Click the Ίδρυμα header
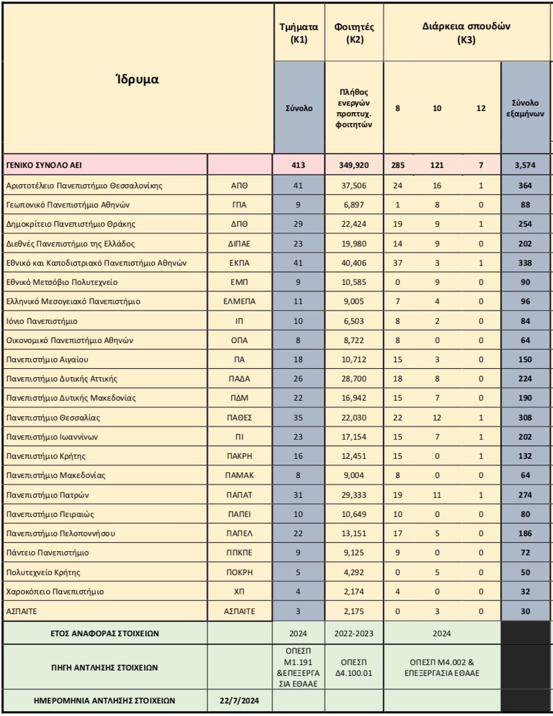click(137, 79)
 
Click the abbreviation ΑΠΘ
click(239, 186)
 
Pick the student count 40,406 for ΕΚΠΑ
click(354, 263)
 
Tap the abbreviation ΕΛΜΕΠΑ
click(239, 302)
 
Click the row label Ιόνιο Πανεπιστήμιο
click(41, 321)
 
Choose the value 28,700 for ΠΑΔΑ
click(354, 379)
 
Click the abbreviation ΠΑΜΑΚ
click(239, 476)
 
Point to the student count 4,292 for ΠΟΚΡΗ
click(354, 573)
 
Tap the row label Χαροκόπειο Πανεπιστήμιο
click(55, 592)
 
